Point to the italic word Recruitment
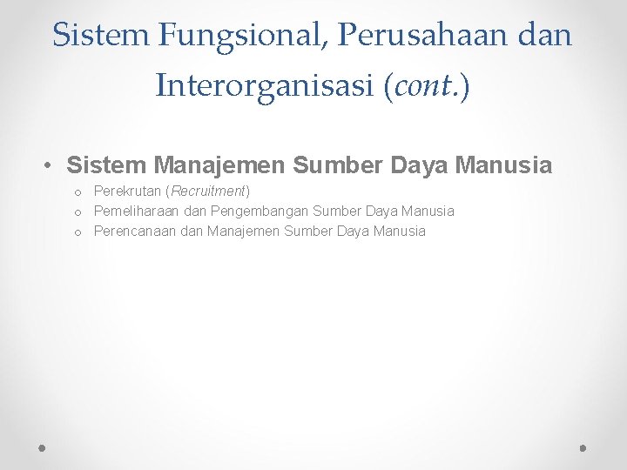tap(211, 191)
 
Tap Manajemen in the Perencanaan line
tap(243, 231)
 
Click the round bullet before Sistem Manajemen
tap(51, 165)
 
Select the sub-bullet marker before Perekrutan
tap(78, 191)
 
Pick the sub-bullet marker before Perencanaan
tap(78, 232)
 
